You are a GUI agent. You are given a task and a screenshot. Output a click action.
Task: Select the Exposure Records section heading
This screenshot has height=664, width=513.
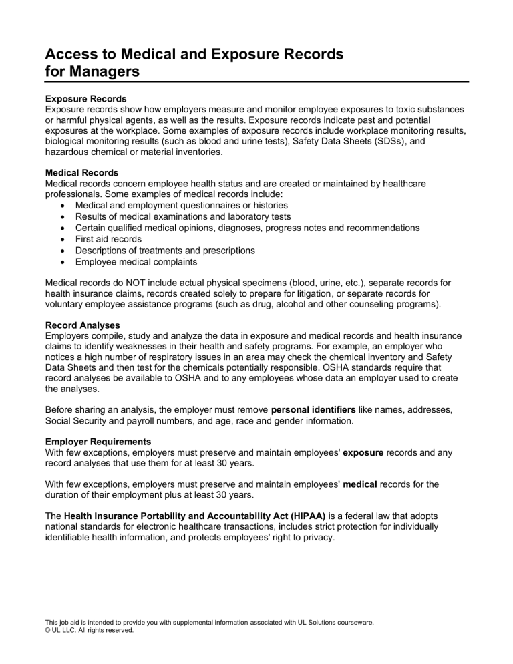click(x=85, y=98)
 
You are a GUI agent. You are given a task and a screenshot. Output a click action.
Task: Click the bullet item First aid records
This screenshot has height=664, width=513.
click(x=108, y=239)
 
